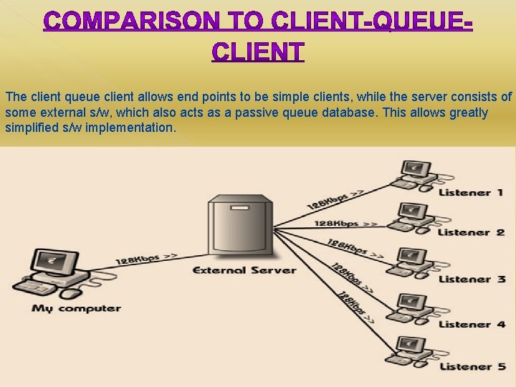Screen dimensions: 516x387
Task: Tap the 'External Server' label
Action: (x=244, y=270)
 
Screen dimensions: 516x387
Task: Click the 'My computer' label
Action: (x=76, y=308)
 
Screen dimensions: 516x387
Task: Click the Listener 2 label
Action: (x=471, y=232)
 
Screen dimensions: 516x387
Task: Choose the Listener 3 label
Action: (x=472, y=279)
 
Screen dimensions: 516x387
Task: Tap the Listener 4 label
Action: (x=472, y=324)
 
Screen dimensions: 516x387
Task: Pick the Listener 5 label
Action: (x=472, y=366)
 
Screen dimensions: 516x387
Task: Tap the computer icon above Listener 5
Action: (x=411, y=348)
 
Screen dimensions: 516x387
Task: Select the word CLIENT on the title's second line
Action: (x=258, y=52)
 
